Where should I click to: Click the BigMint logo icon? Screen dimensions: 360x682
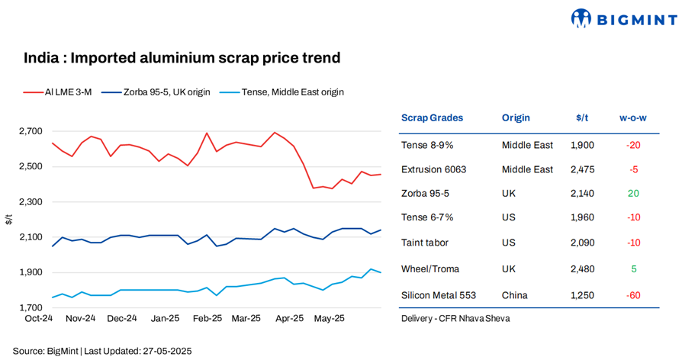click(x=581, y=18)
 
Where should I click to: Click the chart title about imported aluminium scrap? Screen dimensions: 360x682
click(x=182, y=58)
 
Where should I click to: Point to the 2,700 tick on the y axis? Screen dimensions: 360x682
click(x=30, y=131)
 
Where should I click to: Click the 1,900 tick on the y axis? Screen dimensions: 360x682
click(x=30, y=273)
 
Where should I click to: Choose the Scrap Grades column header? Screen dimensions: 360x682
click(x=432, y=118)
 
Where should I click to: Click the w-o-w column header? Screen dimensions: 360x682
click(x=632, y=118)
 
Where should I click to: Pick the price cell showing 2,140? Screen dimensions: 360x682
click(x=581, y=194)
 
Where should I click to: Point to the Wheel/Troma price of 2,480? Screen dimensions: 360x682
click(x=581, y=268)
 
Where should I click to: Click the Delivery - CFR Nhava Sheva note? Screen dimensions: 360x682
click(x=455, y=318)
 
